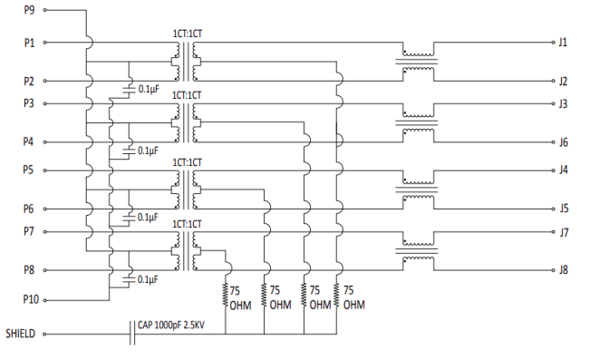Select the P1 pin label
pyautogui.click(x=28, y=42)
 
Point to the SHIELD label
pyautogui.click(x=19, y=334)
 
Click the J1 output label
pyautogui.click(x=564, y=42)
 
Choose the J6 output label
pyautogui.click(x=564, y=142)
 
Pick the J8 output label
pyautogui.click(x=564, y=269)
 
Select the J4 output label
pyautogui.click(x=564, y=170)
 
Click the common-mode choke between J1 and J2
pyautogui.click(x=418, y=61)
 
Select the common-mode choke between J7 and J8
pyautogui.click(x=418, y=251)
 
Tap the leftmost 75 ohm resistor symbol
pyautogui.click(x=226, y=294)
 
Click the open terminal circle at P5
pyautogui.click(x=43, y=170)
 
